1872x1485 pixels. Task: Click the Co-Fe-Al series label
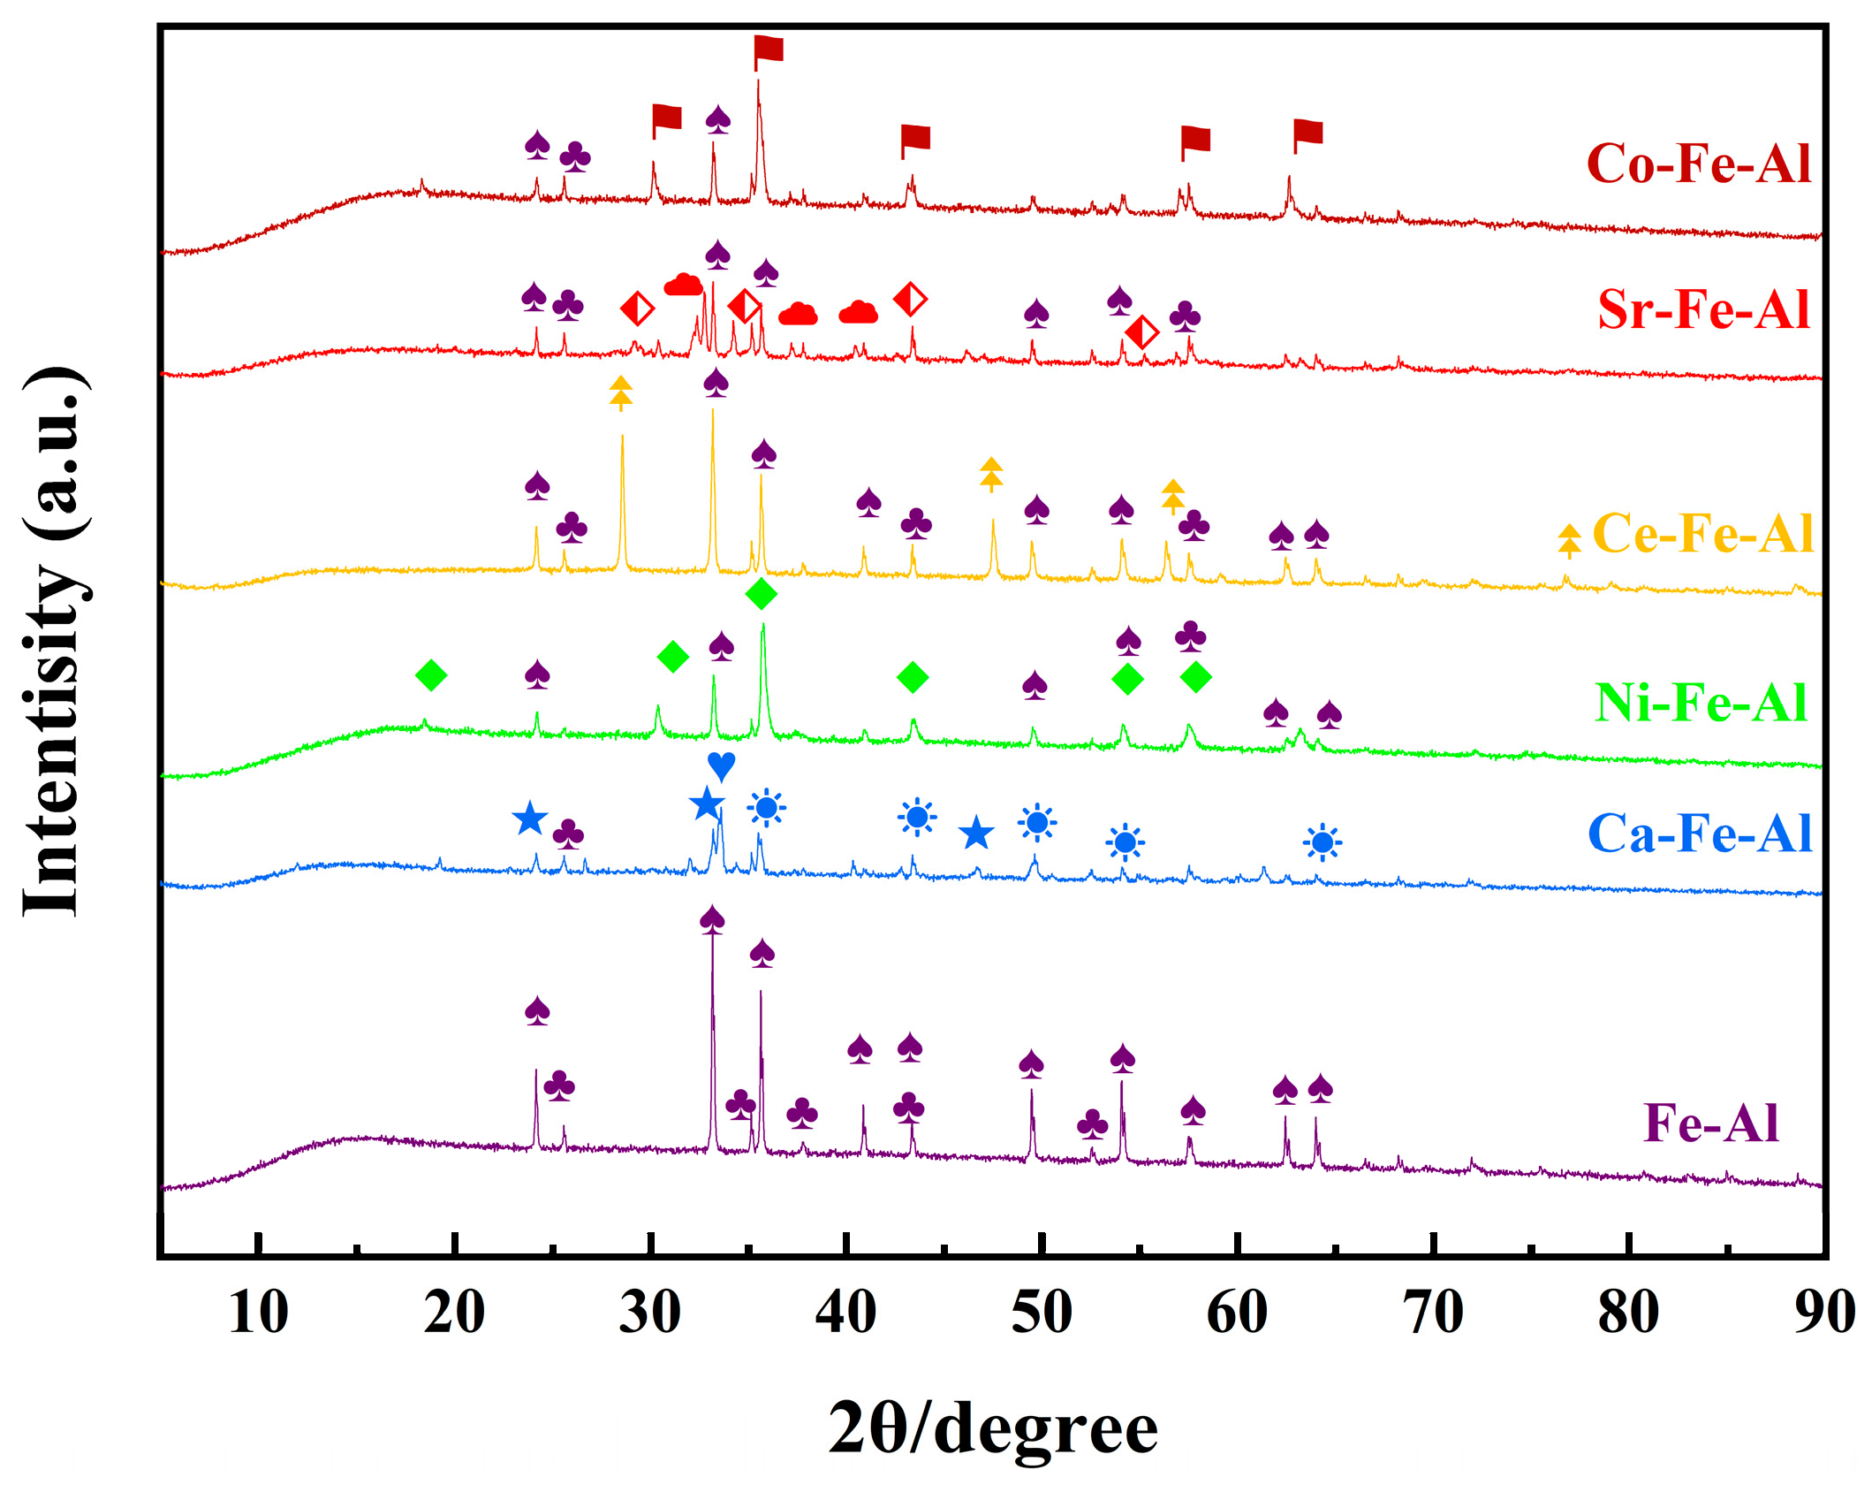point(1697,164)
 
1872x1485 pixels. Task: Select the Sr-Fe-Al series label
point(1702,309)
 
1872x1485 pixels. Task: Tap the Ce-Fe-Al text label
point(1701,533)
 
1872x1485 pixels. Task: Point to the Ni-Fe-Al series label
point(1701,703)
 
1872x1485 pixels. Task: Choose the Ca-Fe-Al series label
point(1699,833)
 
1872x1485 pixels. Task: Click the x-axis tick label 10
point(258,1313)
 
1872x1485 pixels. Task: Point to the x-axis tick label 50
point(1042,1313)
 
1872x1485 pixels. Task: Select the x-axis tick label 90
point(1823,1313)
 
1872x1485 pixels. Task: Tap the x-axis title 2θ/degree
point(992,1428)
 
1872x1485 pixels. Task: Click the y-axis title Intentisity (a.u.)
point(55,641)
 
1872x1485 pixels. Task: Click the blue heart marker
point(721,765)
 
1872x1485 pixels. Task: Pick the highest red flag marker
point(768,51)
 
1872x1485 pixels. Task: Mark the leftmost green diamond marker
point(431,675)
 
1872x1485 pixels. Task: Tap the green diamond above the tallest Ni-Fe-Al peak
point(762,594)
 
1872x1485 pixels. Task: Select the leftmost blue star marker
point(529,819)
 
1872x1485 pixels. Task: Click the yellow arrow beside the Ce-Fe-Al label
point(1569,540)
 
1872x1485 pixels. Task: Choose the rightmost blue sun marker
point(1322,842)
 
